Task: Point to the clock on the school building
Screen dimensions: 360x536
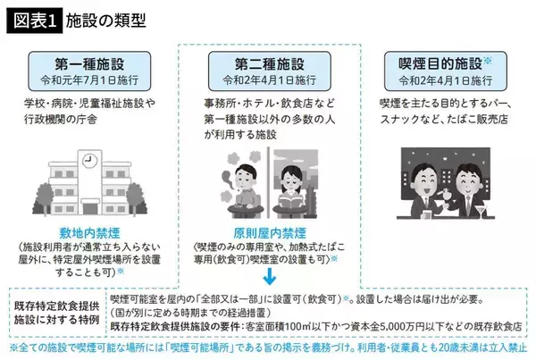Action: pos(90,161)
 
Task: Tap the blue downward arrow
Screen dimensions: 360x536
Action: pos(269,276)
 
